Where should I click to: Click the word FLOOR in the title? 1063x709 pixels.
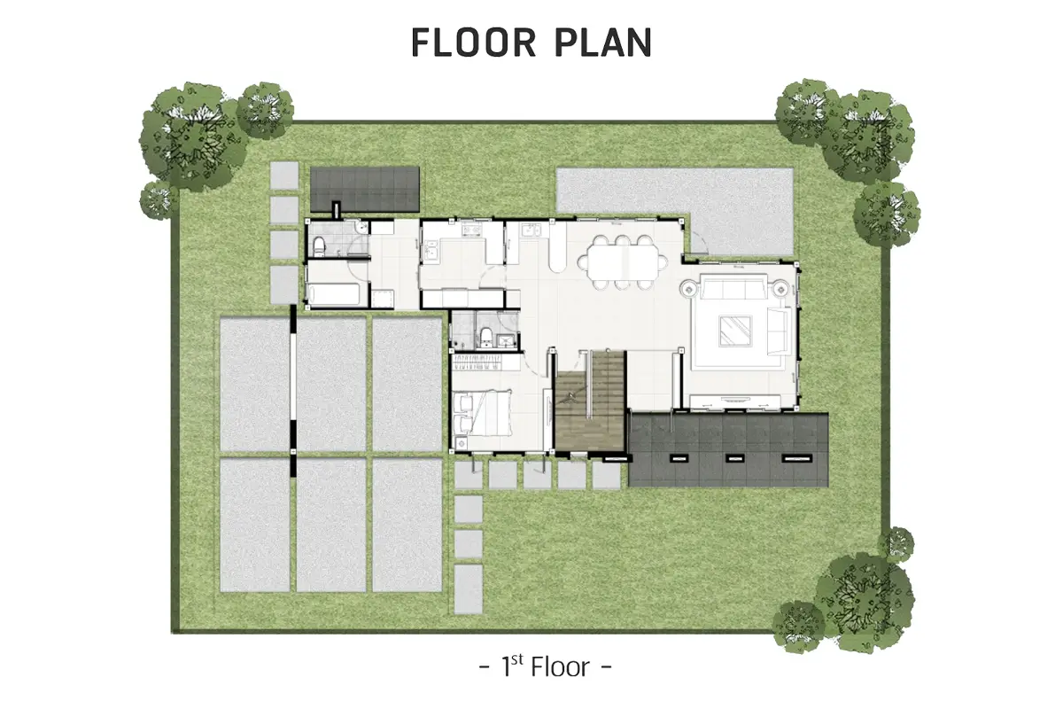[473, 43]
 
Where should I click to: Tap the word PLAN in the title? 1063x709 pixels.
[603, 43]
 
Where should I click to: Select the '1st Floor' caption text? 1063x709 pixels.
[545, 666]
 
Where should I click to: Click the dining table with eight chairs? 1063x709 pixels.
[622, 262]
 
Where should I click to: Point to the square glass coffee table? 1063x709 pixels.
[735, 331]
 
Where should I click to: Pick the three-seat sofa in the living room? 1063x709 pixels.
[734, 286]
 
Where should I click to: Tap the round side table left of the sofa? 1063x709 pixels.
[688, 288]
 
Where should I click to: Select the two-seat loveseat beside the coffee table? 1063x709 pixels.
[779, 331]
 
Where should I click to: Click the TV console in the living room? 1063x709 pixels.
[734, 401]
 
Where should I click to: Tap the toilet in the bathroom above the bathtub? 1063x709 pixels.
[319, 246]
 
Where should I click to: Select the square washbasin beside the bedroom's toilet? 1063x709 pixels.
[506, 340]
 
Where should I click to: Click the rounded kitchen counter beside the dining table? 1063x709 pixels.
[557, 247]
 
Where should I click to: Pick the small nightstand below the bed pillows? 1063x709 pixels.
[461, 443]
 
